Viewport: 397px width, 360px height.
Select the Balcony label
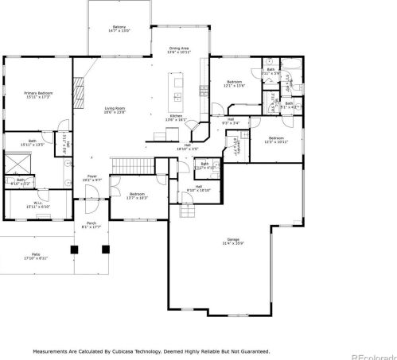coord(119,30)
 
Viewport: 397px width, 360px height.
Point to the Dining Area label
coord(179,50)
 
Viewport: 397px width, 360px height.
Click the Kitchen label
coord(176,118)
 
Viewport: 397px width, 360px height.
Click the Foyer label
coord(91,179)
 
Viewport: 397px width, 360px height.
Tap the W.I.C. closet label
coord(38,204)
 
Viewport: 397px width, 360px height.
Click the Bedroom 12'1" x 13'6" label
coord(234,83)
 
